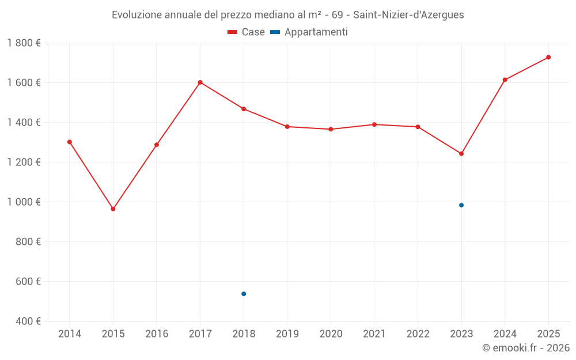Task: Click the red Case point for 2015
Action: coord(113,209)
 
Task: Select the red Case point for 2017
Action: coord(200,82)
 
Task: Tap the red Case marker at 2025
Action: coord(548,57)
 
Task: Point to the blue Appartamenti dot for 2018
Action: coord(244,294)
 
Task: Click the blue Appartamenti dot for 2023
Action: coord(461,205)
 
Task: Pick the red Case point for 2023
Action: coord(461,154)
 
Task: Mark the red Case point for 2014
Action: coord(70,142)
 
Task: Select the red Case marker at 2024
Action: coord(505,80)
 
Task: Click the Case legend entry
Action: coord(247,32)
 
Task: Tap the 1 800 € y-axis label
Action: coord(24,43)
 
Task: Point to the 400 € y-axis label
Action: coord(29,321)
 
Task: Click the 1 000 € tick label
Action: coord(24,202)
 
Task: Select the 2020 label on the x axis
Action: coord(331,334)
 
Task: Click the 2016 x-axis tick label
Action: coord(157,334)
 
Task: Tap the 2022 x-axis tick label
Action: coord(418,334)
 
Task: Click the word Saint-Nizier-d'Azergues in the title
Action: coord(408,15)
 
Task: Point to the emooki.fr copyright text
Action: coord(525,348)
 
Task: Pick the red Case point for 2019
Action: coord(287,127)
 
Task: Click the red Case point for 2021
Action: coord(374,124)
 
